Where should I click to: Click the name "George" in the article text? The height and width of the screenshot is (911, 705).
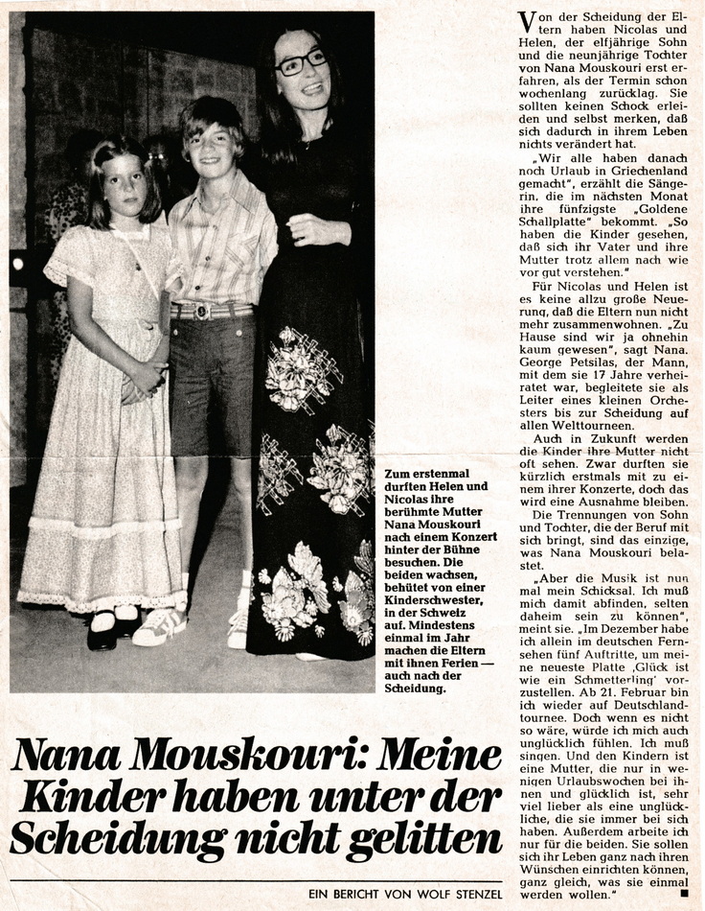point(542,355)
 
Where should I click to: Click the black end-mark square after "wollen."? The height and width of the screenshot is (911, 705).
point(684,896)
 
